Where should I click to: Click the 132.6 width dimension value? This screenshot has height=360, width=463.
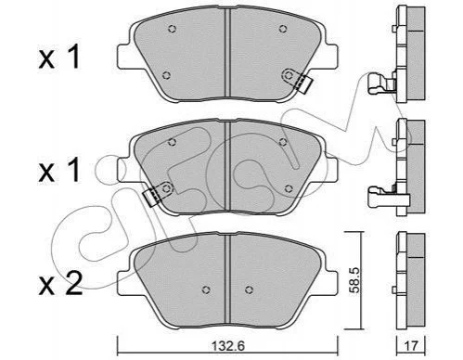pyautogui.click(x=228, y=346)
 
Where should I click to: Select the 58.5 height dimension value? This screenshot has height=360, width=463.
pyautogui.click(x=354, y=280)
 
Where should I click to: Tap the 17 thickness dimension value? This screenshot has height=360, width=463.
pyautogui.click(x=411, y=346)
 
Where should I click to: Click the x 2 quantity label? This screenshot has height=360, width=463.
pyautogui.click(x=60, y=284)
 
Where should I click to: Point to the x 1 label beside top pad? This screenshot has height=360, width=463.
pyautogui.click(x=59, y=57)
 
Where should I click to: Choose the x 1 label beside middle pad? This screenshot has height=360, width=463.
pyautogui.click(x=59, y=170)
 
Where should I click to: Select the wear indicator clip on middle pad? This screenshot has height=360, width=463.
pyautogui.click(x=158, y=194)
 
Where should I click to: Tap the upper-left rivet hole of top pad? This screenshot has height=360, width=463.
pyautogui.click(x=173, y=29)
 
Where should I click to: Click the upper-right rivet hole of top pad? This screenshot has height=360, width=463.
pyautogui.click(x=282, y=29)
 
